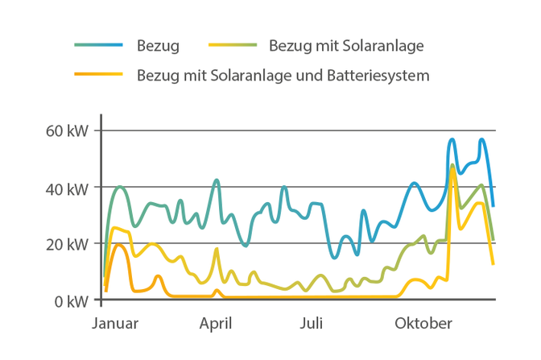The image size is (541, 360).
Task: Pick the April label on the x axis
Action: tap(216, 324)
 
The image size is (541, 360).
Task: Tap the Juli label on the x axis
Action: tap(312, 324)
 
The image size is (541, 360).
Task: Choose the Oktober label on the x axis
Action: tap(423, 324)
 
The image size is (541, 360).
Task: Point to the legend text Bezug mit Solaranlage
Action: tap(346, 45)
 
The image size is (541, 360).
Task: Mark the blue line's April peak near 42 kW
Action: tap(216, 180)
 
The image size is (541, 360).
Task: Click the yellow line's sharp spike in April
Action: tap(216, 250)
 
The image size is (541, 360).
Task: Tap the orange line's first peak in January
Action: tap(118, 245)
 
